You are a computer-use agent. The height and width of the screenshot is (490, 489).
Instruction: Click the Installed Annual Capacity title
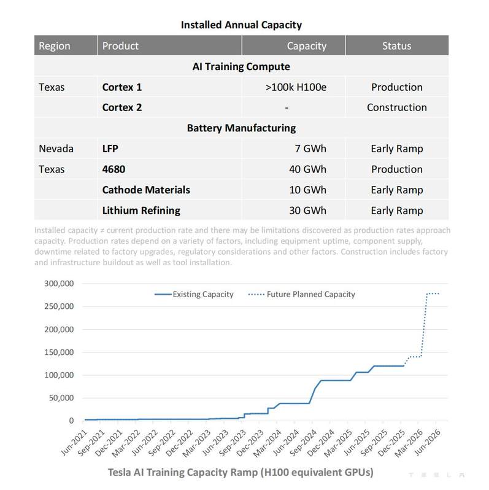pyautogui.click(x=241, y=25)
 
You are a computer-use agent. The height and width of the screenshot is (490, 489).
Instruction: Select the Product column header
pyautogui.click(x=120, y=46)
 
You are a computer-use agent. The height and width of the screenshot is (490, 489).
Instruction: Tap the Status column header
pyautogui.click(x=396, y=46)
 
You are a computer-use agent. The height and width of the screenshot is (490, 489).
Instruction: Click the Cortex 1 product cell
pyautogui.click(x=122, y=87)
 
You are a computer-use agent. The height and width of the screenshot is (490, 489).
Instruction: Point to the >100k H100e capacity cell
pyautogui.click(x=296, y=87)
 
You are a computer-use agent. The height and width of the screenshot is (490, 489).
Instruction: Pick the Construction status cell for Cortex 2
pyautogui.click(x=396, y=107)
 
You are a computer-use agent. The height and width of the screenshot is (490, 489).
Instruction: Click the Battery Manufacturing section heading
pyautogui.click(x=241, y=128)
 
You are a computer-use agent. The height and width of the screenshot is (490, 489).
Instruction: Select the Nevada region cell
pyautogui.click(x=56, y=149)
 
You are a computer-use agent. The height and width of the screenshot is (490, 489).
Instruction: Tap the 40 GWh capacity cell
pyautogui.click(x=307, y=169)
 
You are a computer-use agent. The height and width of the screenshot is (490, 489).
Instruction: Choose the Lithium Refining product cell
pyautogui.click(x=141, y=211)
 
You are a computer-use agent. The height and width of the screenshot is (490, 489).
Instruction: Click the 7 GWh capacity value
pyautogui.click(x=310, y=149)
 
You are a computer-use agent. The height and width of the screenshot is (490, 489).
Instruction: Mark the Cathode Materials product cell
pyautogui.click(x=146, y=190)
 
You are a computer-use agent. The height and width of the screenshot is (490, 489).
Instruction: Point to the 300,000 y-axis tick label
pyautogui.click(x=59, y=284)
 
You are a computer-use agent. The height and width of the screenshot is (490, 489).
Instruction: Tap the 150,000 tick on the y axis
pyautogui.click(x=59, y=352)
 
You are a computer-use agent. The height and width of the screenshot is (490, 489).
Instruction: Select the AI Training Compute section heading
pyautogui.click(x=241, y=66)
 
